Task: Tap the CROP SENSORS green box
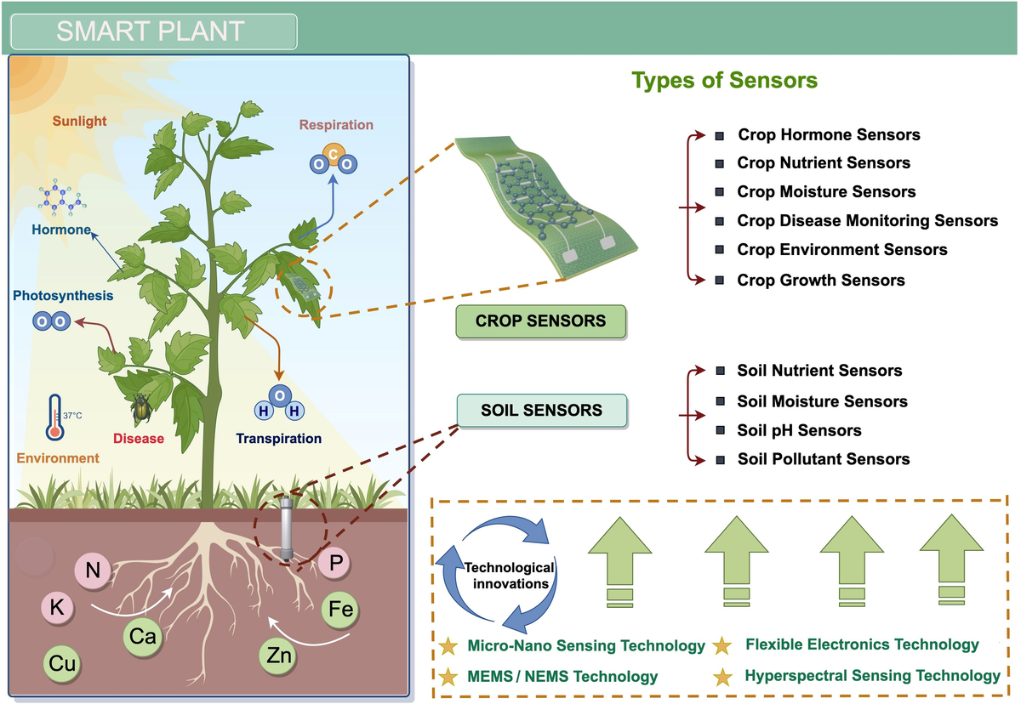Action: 541,321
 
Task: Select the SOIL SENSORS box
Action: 542,411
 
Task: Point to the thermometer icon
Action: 55,417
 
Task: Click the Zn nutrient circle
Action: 279,656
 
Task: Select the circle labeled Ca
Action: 143,634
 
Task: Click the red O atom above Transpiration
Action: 278,395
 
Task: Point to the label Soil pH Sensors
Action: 799,430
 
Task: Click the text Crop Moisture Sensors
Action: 826,191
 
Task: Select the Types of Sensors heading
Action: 724,81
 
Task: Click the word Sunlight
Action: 80,121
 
